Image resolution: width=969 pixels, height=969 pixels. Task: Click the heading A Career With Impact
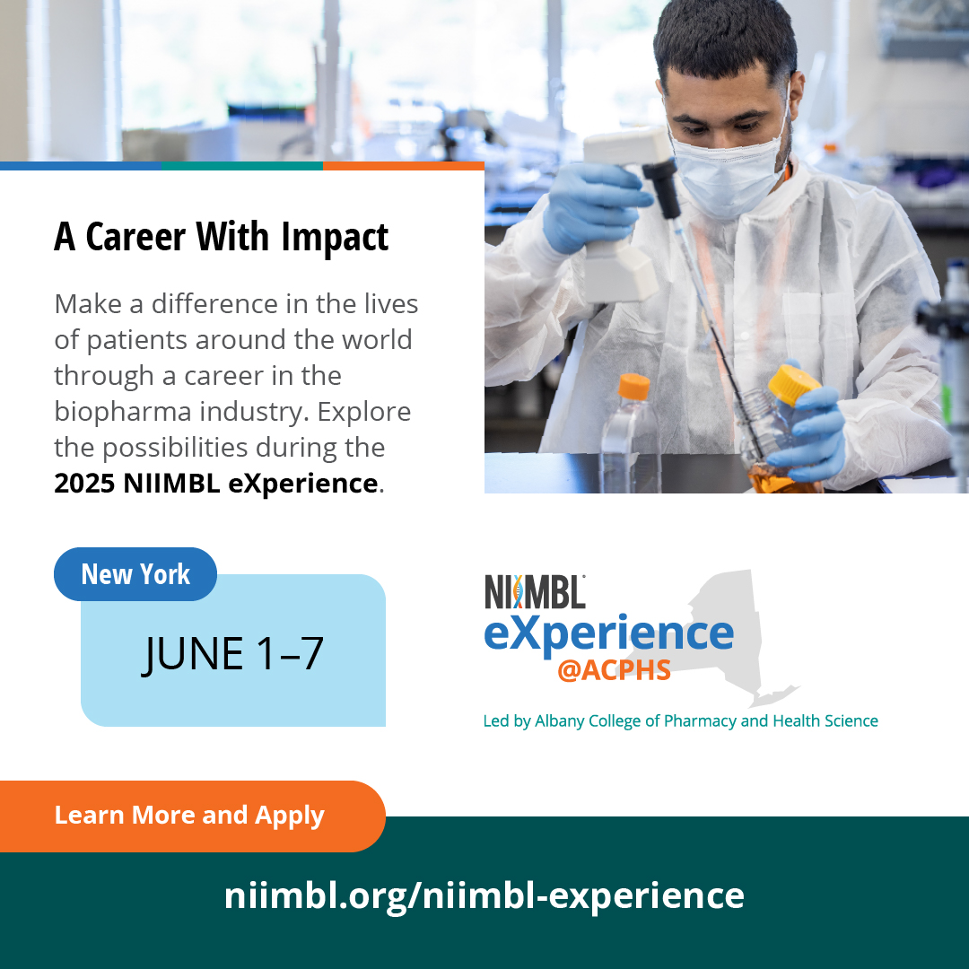(222, 236)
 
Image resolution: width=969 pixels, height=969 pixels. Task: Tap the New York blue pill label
(135, 574)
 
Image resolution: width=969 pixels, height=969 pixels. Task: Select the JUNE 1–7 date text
(233, 653)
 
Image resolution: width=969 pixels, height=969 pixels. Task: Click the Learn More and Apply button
(189, 816)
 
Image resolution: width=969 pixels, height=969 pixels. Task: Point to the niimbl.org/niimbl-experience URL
(484, 895)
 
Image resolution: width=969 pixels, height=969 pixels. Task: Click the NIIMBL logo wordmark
(535, 592)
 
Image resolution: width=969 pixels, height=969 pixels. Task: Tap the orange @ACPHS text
(614, 670)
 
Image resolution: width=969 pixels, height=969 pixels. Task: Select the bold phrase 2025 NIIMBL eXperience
(215, 483)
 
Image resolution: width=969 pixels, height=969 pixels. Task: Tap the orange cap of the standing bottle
(633, 386)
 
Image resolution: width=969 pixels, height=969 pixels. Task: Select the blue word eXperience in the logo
(608, 633)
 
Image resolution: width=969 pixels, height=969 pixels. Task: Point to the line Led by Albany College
(680, 720)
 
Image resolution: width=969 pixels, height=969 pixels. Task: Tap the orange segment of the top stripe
(403, 166)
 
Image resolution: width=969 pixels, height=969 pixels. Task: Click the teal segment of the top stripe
(241, 166)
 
